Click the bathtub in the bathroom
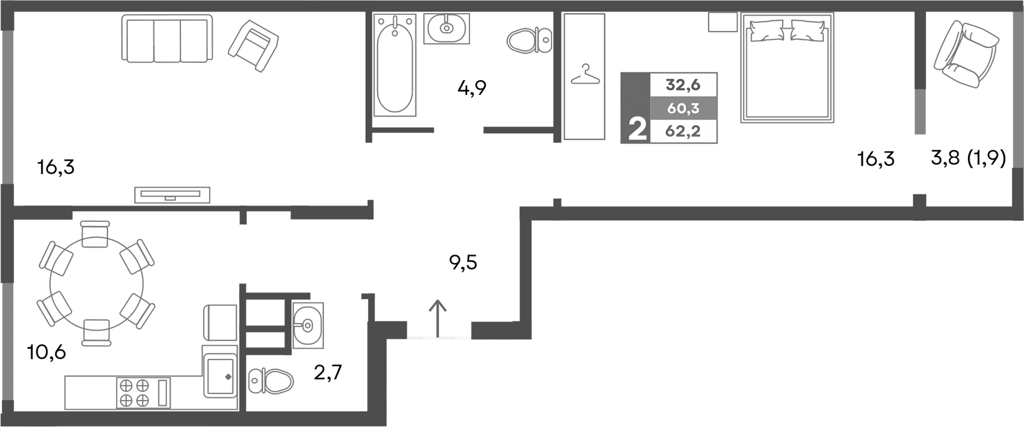tap(395, 65)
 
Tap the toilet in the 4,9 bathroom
tap(529, 40)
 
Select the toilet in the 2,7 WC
tap(271, 380)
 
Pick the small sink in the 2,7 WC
tap(308, 325)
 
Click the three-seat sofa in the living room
tap(167, 38)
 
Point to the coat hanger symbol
tap(585, 75)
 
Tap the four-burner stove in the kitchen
tap(134, 392)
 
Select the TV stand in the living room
tap(172, 195)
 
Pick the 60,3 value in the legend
tap(683, 109)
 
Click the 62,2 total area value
tap(683, 131)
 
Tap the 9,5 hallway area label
tap(463, 263)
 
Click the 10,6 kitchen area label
tap(47, 352)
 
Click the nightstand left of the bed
tap(723, 23)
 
